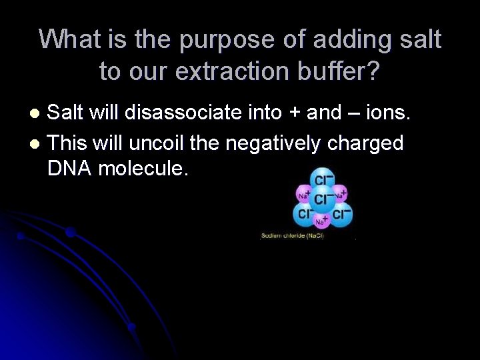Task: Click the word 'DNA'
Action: (x=70, y=169)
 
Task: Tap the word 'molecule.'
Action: (x=143, y=169)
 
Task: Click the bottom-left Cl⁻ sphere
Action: (x=305, y=215)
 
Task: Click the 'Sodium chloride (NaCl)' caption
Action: (x=292, y=236)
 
